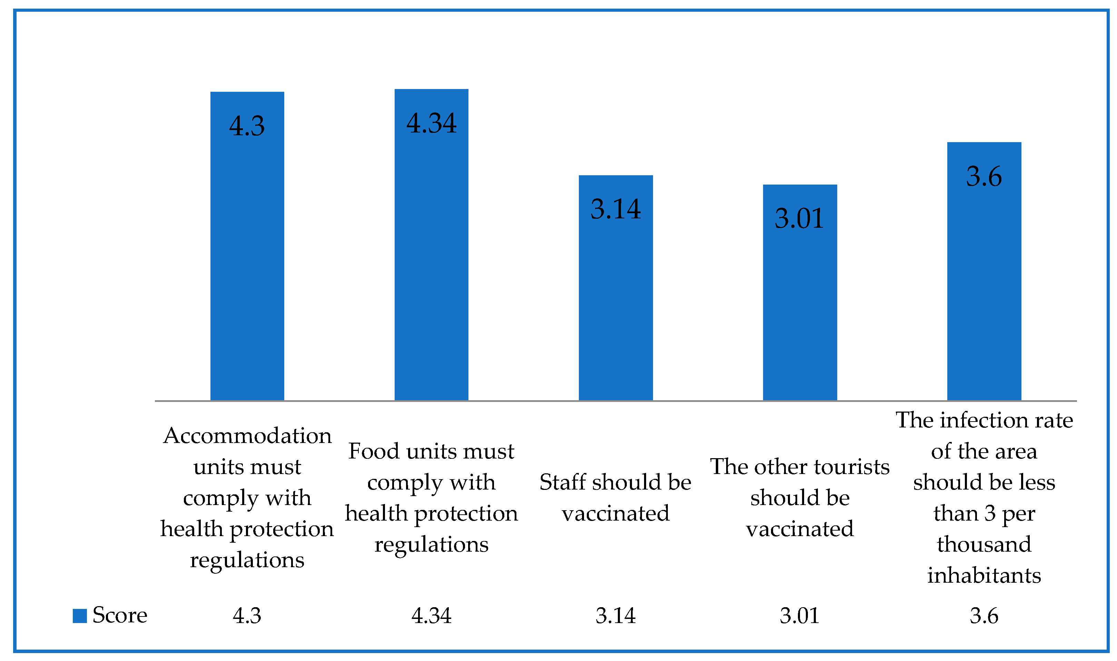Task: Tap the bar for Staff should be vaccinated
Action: click(x=615, y=303)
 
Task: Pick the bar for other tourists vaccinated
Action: click(x=800, y=307)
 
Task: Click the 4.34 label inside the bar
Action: click(x=431, y=124)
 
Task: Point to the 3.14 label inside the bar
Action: click(x=615, y=209)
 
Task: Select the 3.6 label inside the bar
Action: click(x=984, y=176)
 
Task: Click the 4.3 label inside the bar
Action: click(x=247, y=126)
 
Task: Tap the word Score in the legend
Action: click(x=120, y=615)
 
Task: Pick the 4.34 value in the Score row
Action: click(x=431, y=615)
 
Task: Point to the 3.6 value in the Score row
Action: click(x=984, y=615)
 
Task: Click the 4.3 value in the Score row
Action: click(x=247, y=615)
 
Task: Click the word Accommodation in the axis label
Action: click(x=247, y=435)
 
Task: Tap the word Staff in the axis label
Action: click(x=562, y=482)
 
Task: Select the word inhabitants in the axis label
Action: click(x=984, y=575)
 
